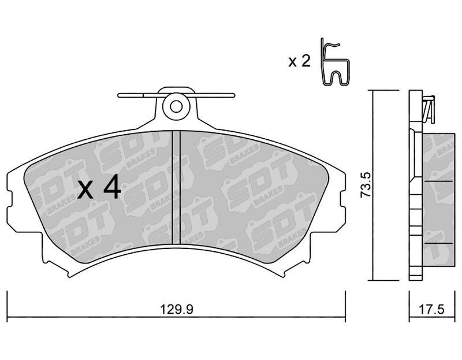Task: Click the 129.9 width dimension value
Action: point(176,310)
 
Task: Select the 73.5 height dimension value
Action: point(367,185)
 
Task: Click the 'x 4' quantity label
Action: point(99,187)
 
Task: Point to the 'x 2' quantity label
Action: point(299,62)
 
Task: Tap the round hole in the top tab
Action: point(176,107)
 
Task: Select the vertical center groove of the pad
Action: point(176,188)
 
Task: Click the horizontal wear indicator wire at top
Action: point(176,95)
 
